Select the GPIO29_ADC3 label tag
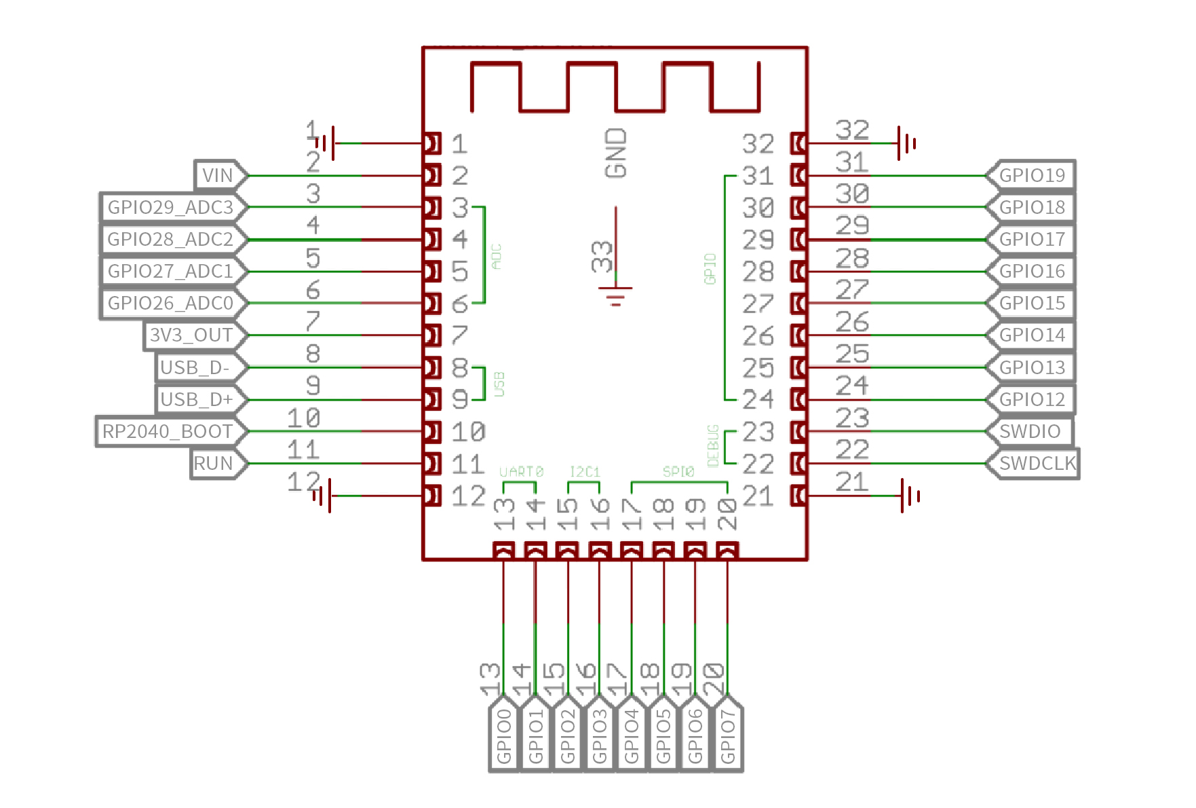(x=171, y=207)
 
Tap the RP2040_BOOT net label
(x=168, y=431)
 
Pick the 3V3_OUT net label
(x=192, y=335)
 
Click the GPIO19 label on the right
(x=1032, y=176)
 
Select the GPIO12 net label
(x=1032, y=399)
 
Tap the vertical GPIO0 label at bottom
(x=504, y=737)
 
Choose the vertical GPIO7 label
(x=727, y=737)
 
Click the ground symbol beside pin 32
(x=906, y=143)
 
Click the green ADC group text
(x=497, y=257)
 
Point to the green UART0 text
(x=521, y=471)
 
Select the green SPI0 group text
(x=678, y=471)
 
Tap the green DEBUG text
(x=713, y=446)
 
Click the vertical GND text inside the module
(x=616, y=153)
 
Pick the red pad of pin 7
(x=432, y=335)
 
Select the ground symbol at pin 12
(x=323, y=496)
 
